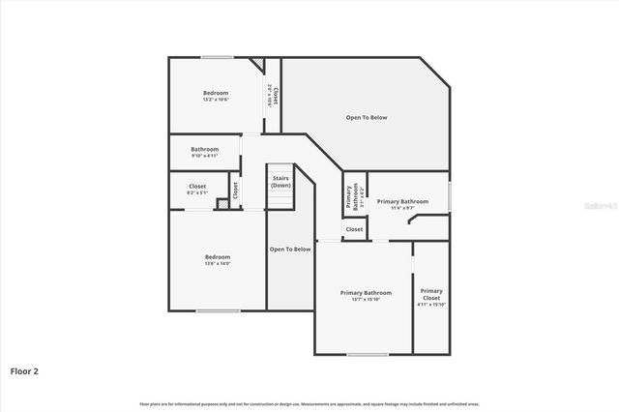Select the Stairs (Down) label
[x=280, y=181]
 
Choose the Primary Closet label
[x=431, y=293]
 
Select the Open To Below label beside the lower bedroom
[x=290, y=249]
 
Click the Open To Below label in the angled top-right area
[x=367, y=117]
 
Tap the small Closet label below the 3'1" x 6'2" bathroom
[x=354, y=229]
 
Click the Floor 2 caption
[x=24, y=370]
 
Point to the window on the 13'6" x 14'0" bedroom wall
[x=218, y=310]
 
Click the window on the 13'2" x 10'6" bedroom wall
[x=217, y=57]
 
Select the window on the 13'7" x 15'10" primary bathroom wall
[x=368, y=354]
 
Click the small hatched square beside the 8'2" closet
[x=221, y=204]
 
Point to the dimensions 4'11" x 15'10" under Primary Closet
[x=431, y=305]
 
